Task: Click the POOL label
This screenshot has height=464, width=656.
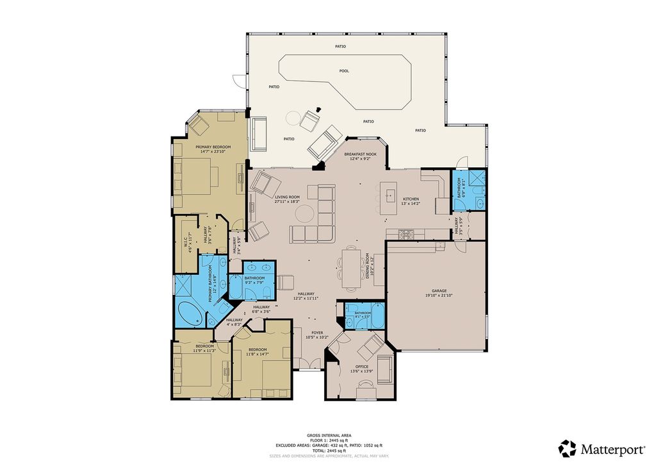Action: (x=344, y=71)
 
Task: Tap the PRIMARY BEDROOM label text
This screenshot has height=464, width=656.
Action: (x=213, y=147)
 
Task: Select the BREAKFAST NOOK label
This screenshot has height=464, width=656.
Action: (x=359, y=154)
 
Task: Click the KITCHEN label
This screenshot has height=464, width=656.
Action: (x=411, y=199)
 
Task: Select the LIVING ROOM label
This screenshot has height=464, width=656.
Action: (x=288, y=197)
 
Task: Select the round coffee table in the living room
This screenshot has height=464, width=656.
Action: (x=306, y=212)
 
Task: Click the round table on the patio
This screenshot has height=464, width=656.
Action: (x=293, y=118)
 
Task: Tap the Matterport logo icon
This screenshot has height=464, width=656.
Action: (x=568, y=448)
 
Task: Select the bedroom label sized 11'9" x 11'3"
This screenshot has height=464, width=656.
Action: (x=204, y=349)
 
